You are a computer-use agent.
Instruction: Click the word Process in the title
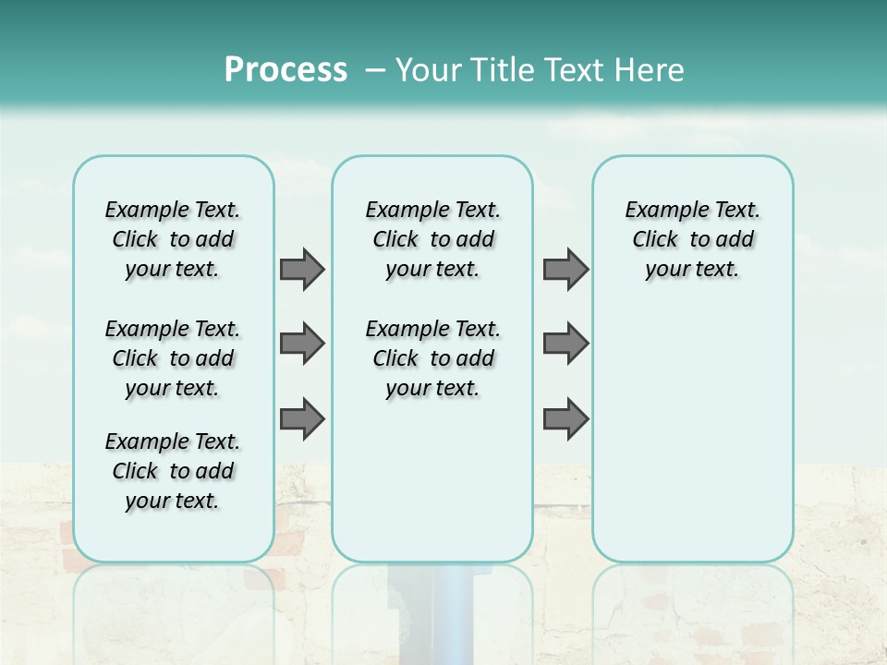[x=286, y=70]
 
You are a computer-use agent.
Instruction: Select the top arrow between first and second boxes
[x=302, y=269]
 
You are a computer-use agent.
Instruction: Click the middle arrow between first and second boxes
[x=302, y=344]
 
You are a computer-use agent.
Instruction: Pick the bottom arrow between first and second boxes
[x=302, y=418]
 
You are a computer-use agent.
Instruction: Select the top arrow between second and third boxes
[x=565, y=269]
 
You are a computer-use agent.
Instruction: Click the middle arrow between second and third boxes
[x=565, y=344]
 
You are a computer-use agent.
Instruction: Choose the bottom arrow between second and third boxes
[x=565, y=418]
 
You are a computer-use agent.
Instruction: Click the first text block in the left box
[x=173, y=239]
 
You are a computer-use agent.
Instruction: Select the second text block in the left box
[x=173, y=358]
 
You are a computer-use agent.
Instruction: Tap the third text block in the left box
[x=173, y=471]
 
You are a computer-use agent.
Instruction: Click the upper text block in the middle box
[x=432, y=239]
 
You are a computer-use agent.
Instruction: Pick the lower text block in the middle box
[x=432, y=358]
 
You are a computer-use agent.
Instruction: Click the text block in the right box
[x=692, y=239]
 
